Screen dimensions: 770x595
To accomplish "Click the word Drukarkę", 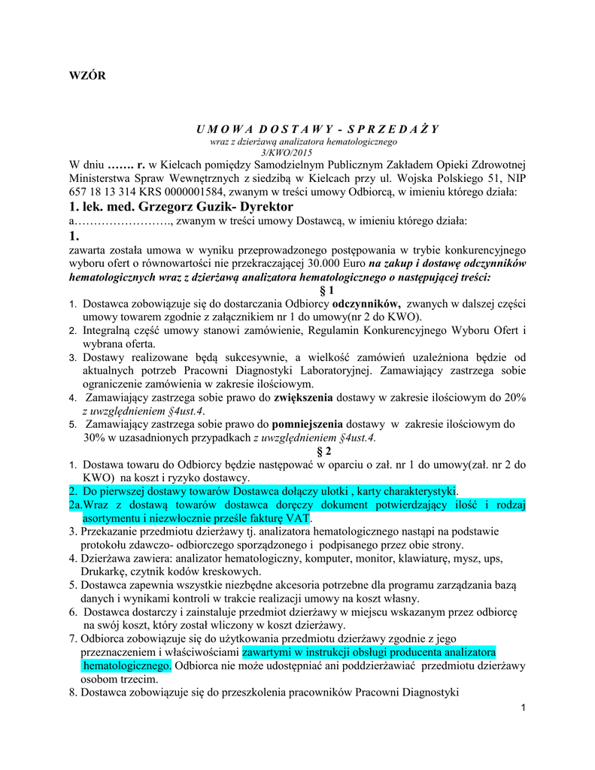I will [103, 571].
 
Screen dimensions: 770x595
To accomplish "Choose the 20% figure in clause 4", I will [514, 397].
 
